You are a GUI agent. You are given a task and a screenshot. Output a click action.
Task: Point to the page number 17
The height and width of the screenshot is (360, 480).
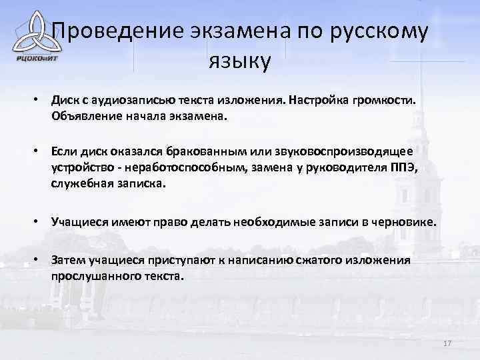point(447,343)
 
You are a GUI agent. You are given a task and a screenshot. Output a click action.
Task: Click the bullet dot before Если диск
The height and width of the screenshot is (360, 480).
point(39,153)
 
